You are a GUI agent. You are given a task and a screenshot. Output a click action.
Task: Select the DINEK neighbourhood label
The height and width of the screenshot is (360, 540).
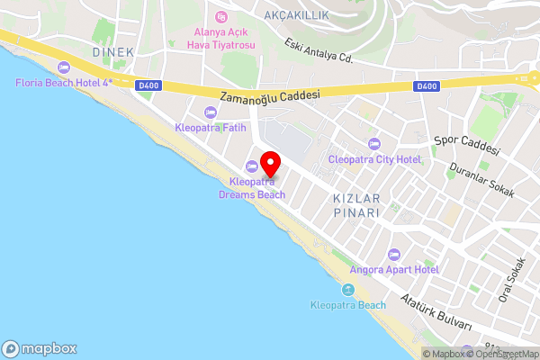click(x=112, y=52)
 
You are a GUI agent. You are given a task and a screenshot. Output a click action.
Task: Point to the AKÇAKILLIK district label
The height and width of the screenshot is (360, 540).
click(x=297, y=15)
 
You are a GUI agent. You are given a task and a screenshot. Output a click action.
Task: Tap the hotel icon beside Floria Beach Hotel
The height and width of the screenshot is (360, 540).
click(x=63, y=67)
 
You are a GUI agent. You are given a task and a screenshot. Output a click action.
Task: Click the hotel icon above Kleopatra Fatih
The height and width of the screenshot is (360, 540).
click(x=211, y=112)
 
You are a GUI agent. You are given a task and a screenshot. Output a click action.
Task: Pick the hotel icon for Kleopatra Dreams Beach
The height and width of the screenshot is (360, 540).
click(x=252, y=166)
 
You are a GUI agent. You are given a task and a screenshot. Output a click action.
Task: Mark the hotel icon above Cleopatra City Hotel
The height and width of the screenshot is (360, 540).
click(x=374, y=144)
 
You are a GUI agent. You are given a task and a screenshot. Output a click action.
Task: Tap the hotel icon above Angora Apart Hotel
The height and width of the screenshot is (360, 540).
click(x=392, y=255)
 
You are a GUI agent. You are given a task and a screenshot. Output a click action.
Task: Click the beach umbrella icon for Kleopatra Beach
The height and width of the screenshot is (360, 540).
click(x=347, y=290)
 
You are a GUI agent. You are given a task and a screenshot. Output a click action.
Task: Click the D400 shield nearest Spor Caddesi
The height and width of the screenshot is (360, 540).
click(x=427, y=86)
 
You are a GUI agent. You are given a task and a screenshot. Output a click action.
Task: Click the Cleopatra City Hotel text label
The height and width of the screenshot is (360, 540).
click(x=374, y=159)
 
